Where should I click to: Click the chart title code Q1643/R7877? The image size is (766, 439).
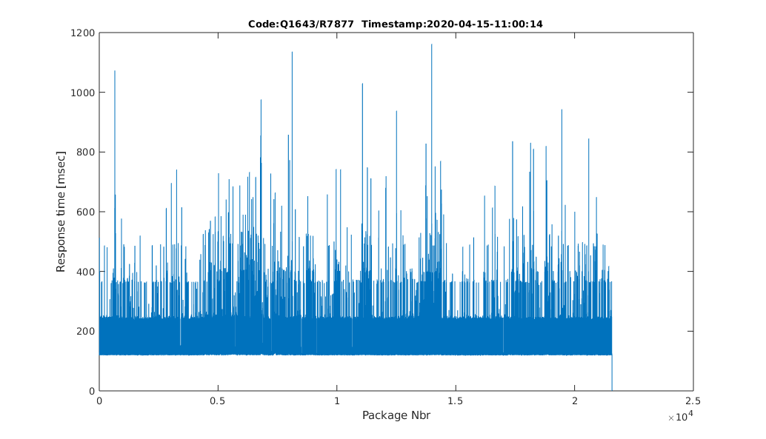click(306, 24)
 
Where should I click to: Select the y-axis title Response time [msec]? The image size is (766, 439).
click(61, 211)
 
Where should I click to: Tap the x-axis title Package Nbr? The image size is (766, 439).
click(396, 415)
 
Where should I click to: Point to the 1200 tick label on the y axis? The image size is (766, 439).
click(81, 33)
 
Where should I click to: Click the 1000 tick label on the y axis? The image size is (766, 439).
click(81, 93)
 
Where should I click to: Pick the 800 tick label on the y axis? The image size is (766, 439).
click(84, 153)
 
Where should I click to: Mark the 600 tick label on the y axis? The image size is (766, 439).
click(84, 212)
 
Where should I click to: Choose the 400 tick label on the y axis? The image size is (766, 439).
click(84, 272)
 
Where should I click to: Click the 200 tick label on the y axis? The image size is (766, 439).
click(84, 331)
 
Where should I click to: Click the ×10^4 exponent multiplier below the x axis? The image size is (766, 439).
click(680, 418)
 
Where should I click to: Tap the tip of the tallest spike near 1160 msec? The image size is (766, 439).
click(431, 44)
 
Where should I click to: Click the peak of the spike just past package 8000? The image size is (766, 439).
click(292, 52)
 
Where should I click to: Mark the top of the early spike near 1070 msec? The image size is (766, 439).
click(115, 71)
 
